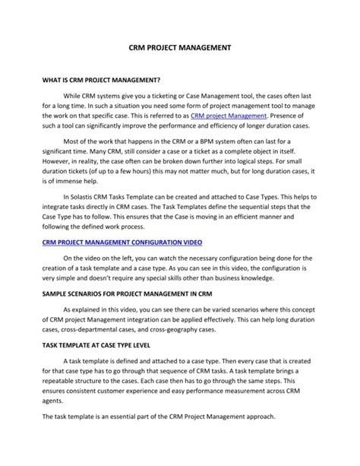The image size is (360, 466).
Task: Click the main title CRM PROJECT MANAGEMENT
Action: pos(180,46)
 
